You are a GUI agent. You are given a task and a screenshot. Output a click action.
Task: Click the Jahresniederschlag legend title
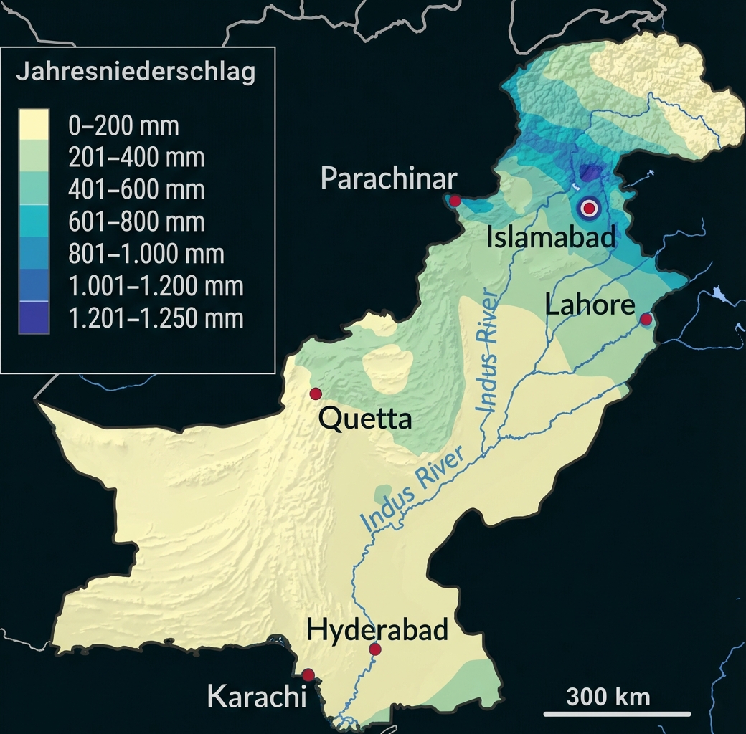click(x=136, y=74)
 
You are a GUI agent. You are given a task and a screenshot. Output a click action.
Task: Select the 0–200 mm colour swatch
click(x=34, y=125)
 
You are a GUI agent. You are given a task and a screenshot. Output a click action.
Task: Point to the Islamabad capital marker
click(x=589, y=208)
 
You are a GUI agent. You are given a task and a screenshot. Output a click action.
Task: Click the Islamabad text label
click(x=551, y=237)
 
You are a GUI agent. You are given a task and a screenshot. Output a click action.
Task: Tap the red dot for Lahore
click(x=646, y=319)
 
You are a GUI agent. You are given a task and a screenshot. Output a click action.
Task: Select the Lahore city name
click(x=590, y=305)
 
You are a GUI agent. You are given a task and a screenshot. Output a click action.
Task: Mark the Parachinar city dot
click(x=454, y=201)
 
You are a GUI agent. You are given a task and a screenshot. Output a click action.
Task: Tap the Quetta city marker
click(x=315, y=394)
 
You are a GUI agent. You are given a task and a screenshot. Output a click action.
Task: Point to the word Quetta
click(x=365, y=419)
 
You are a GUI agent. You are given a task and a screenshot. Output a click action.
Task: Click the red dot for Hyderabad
click(x=374, y=649)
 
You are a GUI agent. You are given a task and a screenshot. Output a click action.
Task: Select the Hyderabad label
click(x=377, y=630)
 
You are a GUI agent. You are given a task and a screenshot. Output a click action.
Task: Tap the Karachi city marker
click(x=308, y=675)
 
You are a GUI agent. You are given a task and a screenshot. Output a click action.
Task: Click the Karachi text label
click(x=252, y=696)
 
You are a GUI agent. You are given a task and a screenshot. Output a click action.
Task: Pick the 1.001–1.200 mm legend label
click(x=156, y=286)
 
